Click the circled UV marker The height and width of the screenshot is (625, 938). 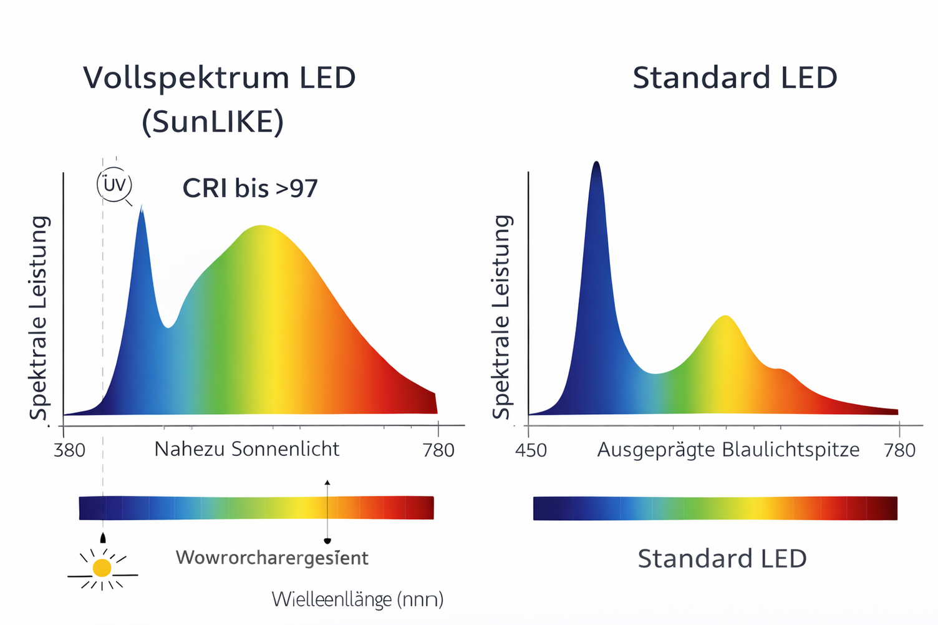tap(115, 185)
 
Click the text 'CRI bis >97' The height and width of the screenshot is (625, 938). tap(250, 188)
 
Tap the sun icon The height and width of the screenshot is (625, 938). tap(102, 568)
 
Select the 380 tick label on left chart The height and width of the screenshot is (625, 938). tap(69, 450)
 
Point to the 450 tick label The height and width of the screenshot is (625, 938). tap(531, 450)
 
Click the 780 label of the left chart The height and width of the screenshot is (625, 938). tap(438, 450)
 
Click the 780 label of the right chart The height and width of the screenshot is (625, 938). tap(899, 450)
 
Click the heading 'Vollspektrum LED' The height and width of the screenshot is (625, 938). tap(220, 79)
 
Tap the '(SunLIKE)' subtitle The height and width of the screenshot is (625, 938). tap(213, 122)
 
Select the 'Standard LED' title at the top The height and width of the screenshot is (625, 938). tap(735, 79)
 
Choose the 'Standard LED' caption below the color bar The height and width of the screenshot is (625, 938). tap(722, 558)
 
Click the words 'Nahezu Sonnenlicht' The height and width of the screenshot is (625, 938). tap(247, 449)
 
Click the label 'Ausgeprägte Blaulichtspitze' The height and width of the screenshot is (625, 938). tap(728, 450)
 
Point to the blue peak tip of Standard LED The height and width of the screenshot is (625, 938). tap(596, 163)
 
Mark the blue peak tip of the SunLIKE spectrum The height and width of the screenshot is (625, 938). tap(141, 207)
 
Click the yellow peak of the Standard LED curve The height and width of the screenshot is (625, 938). tap(725, 317)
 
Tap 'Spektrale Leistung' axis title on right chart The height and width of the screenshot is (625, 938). tap(501, 317)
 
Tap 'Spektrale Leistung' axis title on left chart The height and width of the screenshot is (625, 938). tap(39, 318)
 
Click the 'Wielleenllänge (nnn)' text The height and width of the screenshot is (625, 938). tap(357, 599)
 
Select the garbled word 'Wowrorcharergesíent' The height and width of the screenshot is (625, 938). tap(272, 558)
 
